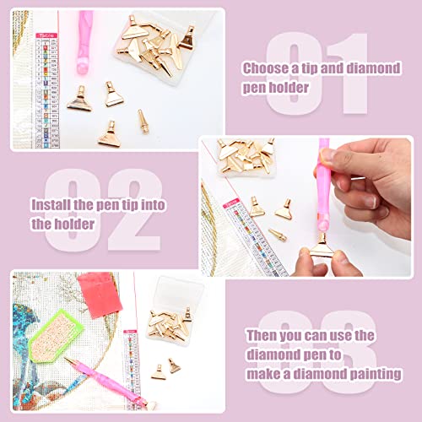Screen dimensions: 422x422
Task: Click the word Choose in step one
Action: (x=265, y=68)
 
